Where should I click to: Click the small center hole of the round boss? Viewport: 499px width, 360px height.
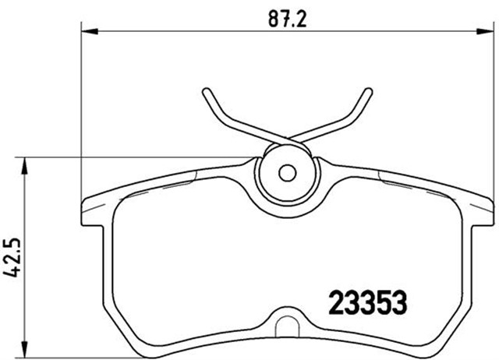click(286, 172)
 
